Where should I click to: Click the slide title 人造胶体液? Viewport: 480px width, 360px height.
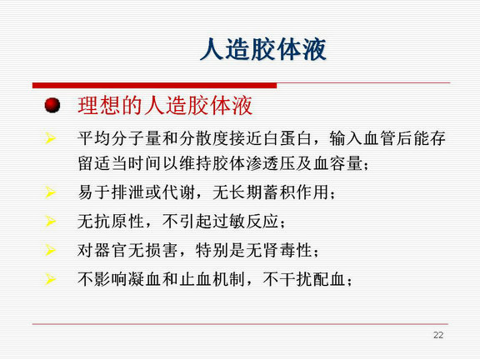point(263,49)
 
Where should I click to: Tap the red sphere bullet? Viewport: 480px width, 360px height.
point(52,105)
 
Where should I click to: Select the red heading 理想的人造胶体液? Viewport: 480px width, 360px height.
point(165,106)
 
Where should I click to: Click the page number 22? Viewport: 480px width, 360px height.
point(438,335)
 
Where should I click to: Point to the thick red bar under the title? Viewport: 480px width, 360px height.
point(155,85)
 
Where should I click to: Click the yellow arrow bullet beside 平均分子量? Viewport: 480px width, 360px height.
point(51,138)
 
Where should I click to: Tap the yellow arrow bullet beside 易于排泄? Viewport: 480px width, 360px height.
point(51,192)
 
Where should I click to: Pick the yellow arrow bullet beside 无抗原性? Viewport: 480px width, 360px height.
point(51,221)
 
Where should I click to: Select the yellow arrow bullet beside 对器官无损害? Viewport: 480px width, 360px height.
point(51,250)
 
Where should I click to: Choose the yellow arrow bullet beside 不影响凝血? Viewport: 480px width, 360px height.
point(51,279)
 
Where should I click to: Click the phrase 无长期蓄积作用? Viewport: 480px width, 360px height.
point(271,192)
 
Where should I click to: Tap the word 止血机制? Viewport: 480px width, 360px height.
point(212,279)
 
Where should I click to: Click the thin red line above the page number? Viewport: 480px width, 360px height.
point(240,324)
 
